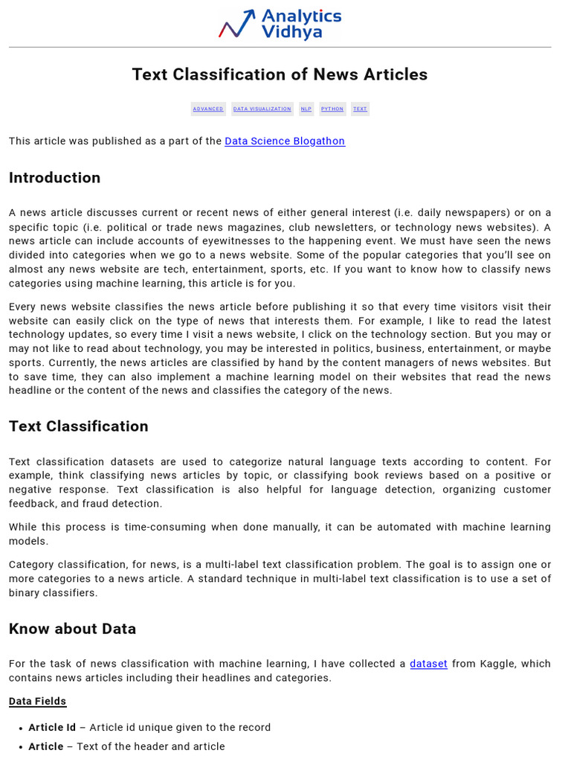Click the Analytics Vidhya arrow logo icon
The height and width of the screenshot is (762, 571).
tap(236, 24)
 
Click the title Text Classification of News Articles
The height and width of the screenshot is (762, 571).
tap(280, 74)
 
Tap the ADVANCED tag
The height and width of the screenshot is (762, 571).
tap(208, 109)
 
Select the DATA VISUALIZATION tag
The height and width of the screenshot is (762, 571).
tap(262, 109)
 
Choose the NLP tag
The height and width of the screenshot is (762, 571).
tap(306, 109)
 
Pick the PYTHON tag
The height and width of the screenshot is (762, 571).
tap(332, 109)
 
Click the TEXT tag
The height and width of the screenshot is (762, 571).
tap(360, 109)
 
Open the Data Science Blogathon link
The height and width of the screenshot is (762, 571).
tap(285, 141)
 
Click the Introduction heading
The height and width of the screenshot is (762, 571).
tap(54, 178)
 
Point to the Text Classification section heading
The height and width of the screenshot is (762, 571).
tap(78, 426)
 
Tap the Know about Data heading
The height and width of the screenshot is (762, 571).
tap(72, 629)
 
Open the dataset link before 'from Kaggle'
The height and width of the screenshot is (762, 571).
tap(428, 664)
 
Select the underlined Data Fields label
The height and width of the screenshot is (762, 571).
tap(37, 701)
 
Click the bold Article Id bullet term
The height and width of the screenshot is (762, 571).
tap(52, 728)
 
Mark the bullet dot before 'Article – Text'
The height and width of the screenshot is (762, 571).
tap(21, 747)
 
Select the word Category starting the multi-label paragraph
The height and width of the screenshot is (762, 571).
tap(32, 565)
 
